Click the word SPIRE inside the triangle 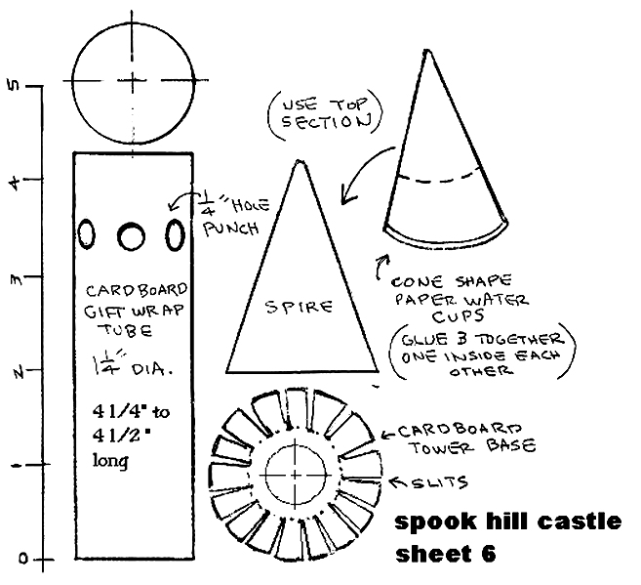[299, 306]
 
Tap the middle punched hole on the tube [131, 235]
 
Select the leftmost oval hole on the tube [88, 234]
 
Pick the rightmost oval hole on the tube [176, 234]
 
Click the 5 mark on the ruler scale [12, 86]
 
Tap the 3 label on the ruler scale [12, 276]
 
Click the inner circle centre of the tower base [295, 474]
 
